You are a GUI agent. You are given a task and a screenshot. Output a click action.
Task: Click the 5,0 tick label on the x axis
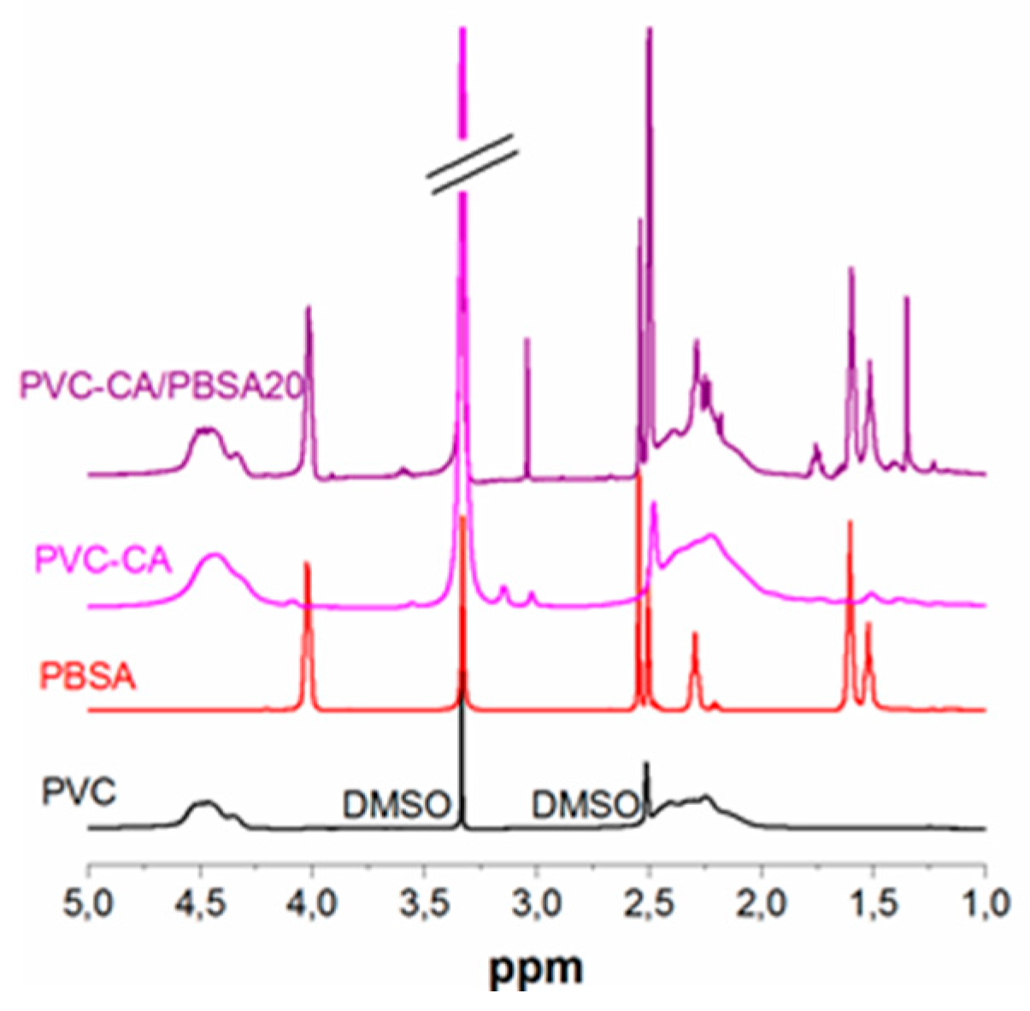point(89,902)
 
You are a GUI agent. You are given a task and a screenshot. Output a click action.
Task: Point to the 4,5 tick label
point(201,902)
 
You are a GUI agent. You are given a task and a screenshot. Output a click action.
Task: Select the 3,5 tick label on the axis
point(425,902)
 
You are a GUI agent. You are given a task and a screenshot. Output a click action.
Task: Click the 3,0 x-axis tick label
point(537,902)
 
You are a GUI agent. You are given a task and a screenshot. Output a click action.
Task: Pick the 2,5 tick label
point(649,902)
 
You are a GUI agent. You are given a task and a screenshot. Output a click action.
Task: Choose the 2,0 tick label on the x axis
point(761,902)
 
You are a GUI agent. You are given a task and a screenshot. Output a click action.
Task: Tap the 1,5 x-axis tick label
point(873,902)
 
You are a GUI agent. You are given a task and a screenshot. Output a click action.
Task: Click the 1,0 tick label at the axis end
point(983,902)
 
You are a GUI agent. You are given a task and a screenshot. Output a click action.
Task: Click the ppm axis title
point(536,967)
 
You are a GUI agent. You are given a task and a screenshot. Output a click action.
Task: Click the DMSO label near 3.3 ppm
point(396,804)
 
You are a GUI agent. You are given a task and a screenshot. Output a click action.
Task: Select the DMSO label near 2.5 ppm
point(586,804)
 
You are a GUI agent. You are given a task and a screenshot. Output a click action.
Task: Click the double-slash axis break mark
point(474,163)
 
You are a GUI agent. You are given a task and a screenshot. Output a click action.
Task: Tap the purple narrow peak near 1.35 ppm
point(906,342)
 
